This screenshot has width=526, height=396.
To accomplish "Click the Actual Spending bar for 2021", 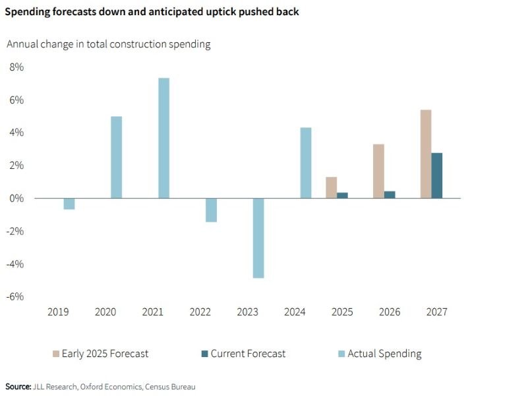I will click(163, 138).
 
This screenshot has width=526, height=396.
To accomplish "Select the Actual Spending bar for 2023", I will click(258, 238).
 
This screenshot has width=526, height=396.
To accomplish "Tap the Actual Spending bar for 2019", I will click(69, 203).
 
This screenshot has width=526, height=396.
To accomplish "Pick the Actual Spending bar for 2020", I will click(116, 157).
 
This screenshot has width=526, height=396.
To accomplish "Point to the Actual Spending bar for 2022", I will click(211, 210).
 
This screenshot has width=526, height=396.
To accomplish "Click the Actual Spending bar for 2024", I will click(306, 162).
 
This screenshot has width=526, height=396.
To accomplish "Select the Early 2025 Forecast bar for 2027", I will click(426, 154).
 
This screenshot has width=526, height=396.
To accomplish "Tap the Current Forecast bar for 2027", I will click(437, 176).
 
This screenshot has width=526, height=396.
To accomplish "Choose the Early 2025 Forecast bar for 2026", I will click(378, 171).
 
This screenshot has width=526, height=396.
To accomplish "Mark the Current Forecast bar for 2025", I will click(342, 195).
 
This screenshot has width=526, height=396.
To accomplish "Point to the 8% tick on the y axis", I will click(16, 67).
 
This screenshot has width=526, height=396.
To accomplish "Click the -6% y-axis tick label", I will click(16, 296).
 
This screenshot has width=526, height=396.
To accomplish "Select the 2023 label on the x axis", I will click(248, 312).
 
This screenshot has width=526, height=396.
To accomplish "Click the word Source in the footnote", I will click(18, 386).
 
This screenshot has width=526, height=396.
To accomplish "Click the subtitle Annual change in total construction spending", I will click(108, 44).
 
